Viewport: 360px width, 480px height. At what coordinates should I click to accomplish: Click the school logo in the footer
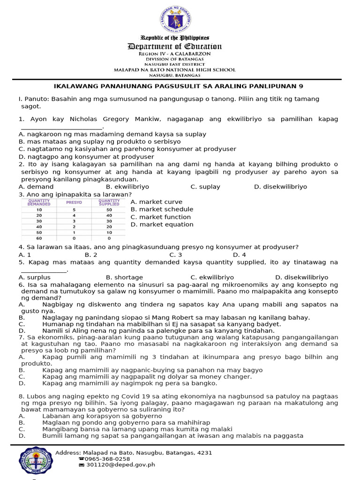pyautogui.click(x=36, y=461)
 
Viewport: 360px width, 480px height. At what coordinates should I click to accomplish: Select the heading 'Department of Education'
pyautogui.click(x=175, y=46)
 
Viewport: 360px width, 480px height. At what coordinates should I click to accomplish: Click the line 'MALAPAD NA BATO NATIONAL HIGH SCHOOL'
pyautogui.click(x=175, y=70)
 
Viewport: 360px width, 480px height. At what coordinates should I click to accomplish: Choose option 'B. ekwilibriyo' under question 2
pyautogui.click(x=127, y=187)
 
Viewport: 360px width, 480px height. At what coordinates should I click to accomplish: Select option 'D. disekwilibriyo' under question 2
pyautogui.click(x=280, y=187)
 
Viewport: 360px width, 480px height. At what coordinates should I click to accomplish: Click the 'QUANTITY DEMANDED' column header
pyautogui.click(x=39, y=202)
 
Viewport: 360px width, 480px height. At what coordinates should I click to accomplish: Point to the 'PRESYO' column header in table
pyautogui.click(x=74, y=202)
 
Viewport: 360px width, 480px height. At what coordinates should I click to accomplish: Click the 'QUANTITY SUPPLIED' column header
pyautogui.click(x=109, y=202)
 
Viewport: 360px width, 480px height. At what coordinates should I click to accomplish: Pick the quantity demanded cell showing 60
pyautogui.click(x=39, y=238)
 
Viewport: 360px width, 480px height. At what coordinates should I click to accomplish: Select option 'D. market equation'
pyautogui.click(x=162, y=225)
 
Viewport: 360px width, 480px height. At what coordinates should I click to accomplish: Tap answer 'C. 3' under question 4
pyautogui.click(x=175, y=255)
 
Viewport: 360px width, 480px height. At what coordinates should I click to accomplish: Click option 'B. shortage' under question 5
pyautogui.click(x=124, y=277)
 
